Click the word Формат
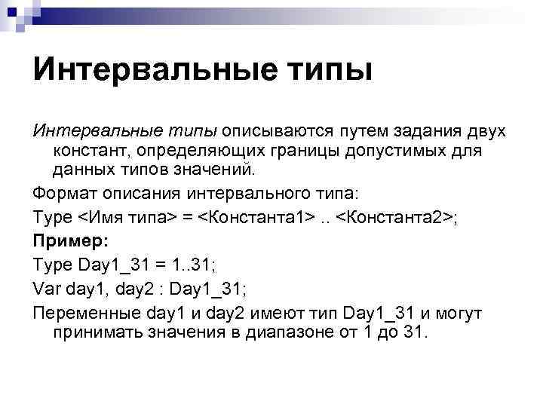[63, 188]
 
